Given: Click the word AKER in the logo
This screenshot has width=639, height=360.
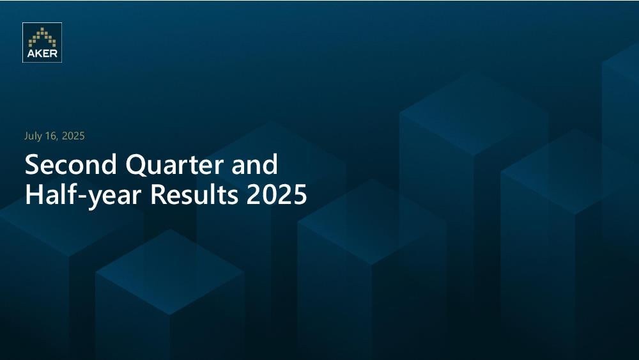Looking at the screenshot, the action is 42,54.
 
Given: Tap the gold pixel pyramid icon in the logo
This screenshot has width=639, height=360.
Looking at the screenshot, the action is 42,37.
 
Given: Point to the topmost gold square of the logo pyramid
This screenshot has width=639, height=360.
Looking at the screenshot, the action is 42,29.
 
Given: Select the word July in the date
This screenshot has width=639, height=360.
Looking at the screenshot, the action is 33,136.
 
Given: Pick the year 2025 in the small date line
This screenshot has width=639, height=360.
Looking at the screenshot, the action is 73,136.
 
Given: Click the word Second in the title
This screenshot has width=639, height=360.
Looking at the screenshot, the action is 71,164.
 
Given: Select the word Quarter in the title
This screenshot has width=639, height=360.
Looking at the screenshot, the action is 174,165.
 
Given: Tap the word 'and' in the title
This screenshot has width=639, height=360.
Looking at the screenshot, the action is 255,164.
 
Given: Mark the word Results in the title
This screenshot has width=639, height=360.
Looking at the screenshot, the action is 194,194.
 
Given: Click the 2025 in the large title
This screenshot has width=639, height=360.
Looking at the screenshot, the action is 276,195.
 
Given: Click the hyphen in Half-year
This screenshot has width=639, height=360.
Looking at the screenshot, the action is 82,197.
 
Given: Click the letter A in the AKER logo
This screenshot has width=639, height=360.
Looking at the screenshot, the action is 31,54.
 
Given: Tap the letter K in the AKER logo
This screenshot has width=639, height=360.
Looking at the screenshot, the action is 39,54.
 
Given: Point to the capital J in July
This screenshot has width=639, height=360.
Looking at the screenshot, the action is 26,137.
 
